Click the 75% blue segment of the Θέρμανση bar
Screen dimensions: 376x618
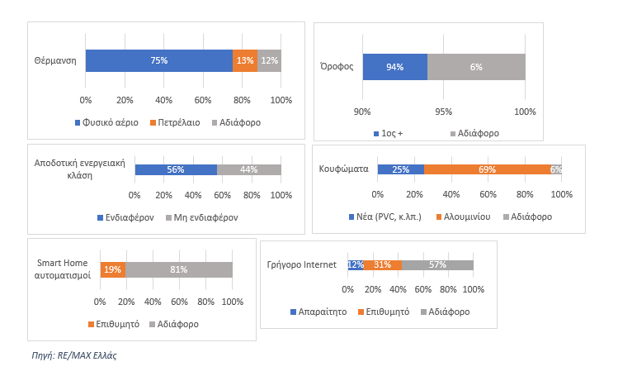point(158,60)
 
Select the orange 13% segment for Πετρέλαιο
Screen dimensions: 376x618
point(244,60)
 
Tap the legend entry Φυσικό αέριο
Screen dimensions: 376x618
point(109,122)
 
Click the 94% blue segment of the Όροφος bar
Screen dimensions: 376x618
point(394,67)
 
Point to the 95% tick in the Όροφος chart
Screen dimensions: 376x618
point(444,111)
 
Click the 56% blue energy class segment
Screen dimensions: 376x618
point(175,169)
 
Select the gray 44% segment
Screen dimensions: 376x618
point(248,169)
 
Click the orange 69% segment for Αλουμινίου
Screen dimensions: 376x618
point(487,169)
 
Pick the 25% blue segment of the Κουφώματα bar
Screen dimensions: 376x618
point(400,169)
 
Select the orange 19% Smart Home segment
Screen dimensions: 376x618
point(112,269)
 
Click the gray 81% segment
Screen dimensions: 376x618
point(178,269)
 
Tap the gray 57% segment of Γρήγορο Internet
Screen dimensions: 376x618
point(437,265)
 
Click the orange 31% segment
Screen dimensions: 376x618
point(382,265)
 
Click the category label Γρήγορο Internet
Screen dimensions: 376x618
point(301,265)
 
